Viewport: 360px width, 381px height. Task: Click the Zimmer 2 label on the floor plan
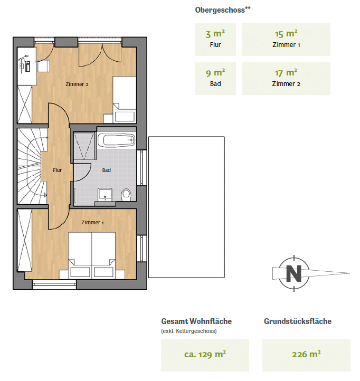tap(77, 84)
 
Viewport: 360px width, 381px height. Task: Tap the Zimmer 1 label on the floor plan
tap(92, 222)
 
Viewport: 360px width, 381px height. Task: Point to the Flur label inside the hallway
tap(58, 170)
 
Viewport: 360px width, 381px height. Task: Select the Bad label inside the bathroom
tap(107, 170)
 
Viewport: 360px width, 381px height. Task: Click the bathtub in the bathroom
tap(117, 140)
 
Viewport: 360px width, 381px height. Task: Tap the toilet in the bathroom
tap(126, 195)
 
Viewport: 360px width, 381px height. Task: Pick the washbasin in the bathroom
tap(105, 195)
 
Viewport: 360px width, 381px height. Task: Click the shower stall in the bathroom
tap(84, 146)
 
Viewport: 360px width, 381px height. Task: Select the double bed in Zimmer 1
tap(92, 255)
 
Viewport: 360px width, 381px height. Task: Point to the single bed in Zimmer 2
tap(124, 99)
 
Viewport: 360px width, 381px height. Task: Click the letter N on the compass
tap(294, 273)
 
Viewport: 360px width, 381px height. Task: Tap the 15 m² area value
tap(286, 34)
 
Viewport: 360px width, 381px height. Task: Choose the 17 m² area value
tap(286, 73)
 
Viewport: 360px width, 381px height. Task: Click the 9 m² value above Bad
tap(215, 73)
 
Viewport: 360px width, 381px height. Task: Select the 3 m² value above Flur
tap(215, 34)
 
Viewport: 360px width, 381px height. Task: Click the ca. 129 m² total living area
tap(205, 354)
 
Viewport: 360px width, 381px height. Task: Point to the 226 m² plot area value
tap(306, 354)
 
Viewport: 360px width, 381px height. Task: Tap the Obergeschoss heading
tap(223, 10)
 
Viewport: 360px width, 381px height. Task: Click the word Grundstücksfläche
tap(298, 321)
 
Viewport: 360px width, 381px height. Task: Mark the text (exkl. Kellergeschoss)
tap(189, 331)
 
